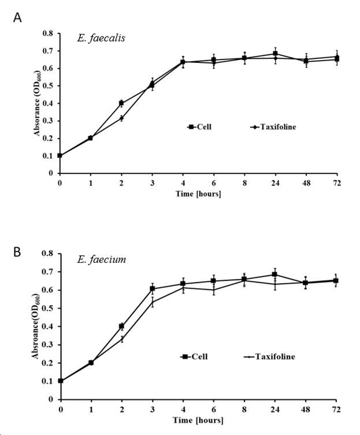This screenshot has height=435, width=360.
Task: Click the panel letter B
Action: [x=17, y=252]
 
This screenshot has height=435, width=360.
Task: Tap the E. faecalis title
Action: [x=101, y=38]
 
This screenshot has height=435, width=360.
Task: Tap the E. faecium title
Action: [x=102, y=259]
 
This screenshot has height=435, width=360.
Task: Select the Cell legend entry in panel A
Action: [x=199, y=127]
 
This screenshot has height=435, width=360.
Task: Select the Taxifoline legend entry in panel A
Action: [x=273, y=127]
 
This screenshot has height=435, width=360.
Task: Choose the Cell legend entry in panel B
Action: [x=194, y=356]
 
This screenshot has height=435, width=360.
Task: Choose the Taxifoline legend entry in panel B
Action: [x=269, y=356]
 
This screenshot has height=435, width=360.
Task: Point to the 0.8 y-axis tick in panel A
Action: [x=47, y=34]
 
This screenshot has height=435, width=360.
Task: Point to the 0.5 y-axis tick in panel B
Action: [x=47, y=308]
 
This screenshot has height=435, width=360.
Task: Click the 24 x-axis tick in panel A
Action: [x=275, y=183]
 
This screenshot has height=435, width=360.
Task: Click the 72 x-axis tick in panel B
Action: [x=336, y=409]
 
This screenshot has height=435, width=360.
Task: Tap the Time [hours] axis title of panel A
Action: [x=198, y=194]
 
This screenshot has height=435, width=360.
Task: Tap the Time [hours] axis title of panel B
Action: [x=198, y=420]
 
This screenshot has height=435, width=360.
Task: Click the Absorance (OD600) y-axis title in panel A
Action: [x=37, y=103]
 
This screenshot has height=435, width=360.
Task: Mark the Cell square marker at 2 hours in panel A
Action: [x=121, y=103]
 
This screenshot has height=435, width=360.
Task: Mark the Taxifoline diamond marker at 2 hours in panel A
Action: [x=121, y=118]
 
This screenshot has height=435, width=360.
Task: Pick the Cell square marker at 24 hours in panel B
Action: [x=275, y=274]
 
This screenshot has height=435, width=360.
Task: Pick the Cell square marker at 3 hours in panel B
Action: [x=153, y=289]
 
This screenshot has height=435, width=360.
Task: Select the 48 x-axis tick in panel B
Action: [x=306, y=409]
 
